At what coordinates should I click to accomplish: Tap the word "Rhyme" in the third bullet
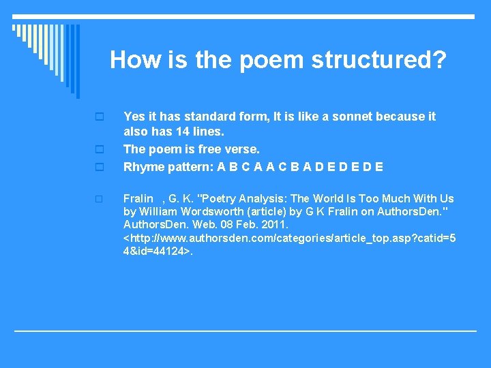point(141,166)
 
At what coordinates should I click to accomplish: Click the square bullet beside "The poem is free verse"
point(99,149)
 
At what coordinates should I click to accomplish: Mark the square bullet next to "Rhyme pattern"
point(99,167)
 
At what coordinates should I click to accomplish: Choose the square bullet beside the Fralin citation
point(99,199)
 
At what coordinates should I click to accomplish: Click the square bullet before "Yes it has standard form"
point(99,117)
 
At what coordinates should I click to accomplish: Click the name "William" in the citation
point(158,211)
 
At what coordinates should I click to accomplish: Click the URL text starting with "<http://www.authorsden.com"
point(290,237)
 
